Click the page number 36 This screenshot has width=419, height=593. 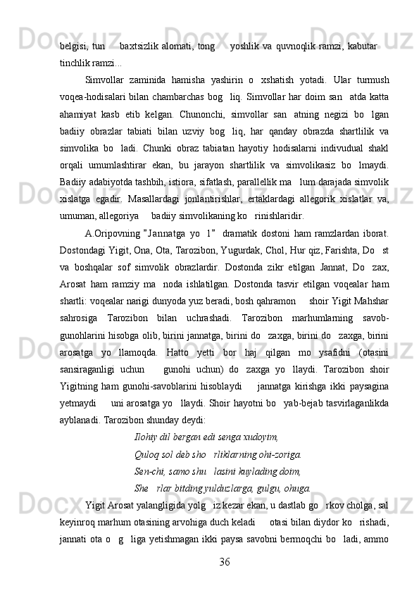225,561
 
